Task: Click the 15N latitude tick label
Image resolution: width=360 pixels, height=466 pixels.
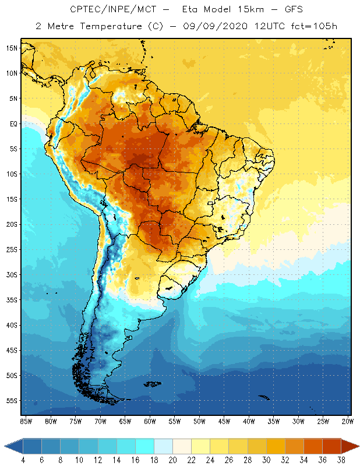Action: tap(11, 48)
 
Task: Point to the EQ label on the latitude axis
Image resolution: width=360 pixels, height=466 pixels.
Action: tap(12, 123)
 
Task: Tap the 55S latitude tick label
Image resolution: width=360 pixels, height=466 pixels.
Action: tap(11, 401)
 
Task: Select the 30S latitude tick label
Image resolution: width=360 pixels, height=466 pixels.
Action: tap(11, 274)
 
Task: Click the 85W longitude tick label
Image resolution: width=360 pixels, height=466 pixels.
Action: tap(26, 421)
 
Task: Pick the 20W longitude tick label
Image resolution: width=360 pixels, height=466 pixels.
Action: tap(348, 421)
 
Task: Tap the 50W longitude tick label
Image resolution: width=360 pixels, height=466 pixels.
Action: tap(199, 421)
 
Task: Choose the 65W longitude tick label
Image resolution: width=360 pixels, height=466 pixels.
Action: tap(125, 421)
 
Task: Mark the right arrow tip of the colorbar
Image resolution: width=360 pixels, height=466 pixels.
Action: tap(357, 446)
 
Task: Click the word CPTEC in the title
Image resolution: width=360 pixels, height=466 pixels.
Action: tap(85, 10)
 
